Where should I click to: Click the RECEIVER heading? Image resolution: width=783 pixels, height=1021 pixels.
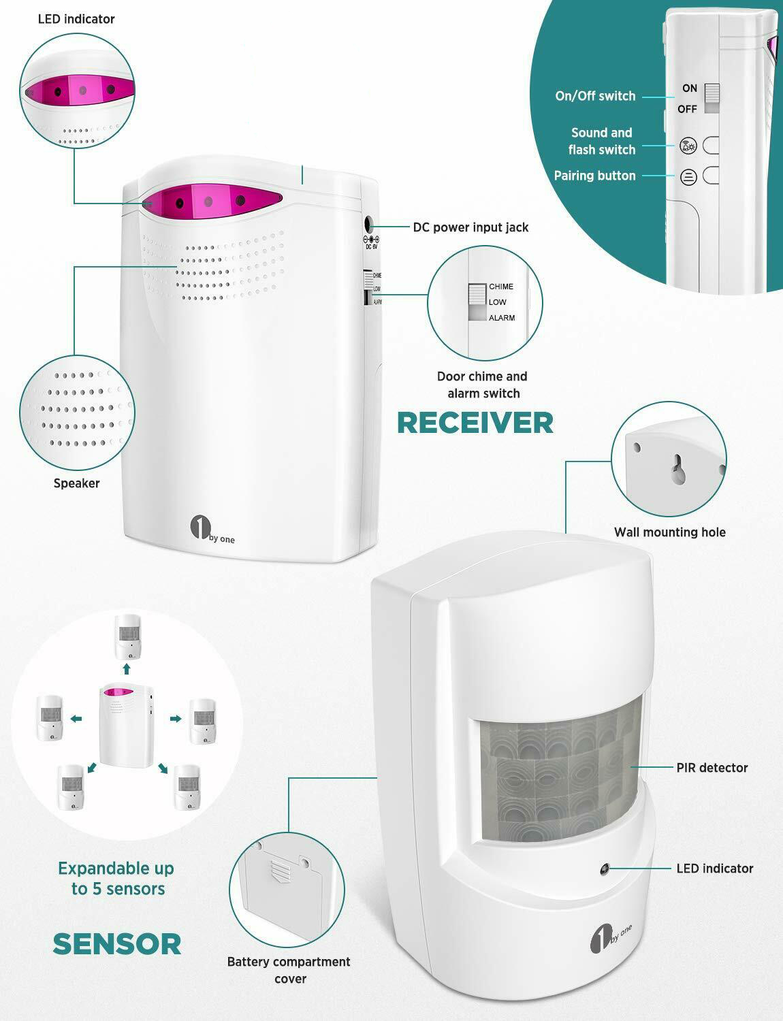(x=475, y=423)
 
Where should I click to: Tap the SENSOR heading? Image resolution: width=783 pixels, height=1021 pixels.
(x=117, y=944)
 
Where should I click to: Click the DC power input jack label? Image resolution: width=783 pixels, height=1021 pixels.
(x=470, y=227)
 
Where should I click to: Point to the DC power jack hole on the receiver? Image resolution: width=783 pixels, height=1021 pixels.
(x=370, y=224)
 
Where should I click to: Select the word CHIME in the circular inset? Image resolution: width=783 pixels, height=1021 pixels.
(x=501, y=287)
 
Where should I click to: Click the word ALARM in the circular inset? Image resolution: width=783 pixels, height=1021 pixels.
(x=502, y=318)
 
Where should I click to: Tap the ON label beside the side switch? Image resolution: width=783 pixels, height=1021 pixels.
(x=690, y=88)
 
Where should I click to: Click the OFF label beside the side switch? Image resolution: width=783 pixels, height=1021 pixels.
(x=687, y=109)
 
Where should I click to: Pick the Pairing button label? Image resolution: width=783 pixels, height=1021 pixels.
(x=594, y=176)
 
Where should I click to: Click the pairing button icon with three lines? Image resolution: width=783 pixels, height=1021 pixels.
(x=688, y=177)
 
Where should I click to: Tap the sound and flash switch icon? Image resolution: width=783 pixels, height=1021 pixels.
(x=688, y=146)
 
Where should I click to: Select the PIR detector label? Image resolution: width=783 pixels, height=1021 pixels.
(x=712, y=768)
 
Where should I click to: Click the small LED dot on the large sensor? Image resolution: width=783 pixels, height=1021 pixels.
(x=605, y=869)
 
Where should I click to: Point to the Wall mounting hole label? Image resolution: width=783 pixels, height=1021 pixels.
(x=670, y=532)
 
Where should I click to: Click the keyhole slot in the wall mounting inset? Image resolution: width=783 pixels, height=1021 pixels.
(x=678, y=469)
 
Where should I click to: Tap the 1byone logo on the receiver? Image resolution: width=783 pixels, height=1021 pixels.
(x=212, y=530)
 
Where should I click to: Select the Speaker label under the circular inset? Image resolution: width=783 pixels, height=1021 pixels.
(x=77, y=483)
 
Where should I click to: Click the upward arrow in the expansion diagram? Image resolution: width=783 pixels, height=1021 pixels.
(x=126, y=668)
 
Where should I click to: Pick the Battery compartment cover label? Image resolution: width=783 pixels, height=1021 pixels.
(x=289, y=970)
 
